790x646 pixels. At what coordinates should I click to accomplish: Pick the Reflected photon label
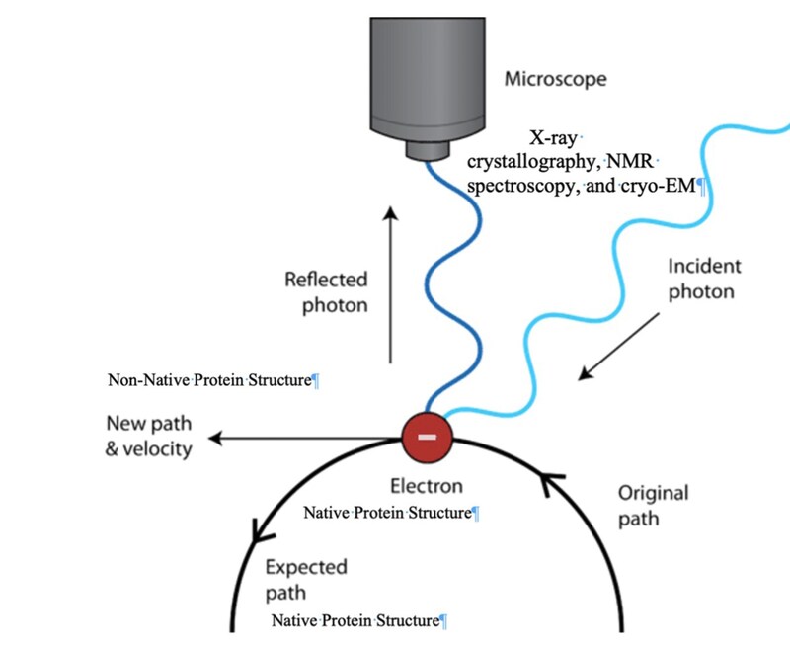pyautogui.click(x=326, y=292)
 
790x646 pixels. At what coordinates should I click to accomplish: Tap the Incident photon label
pyautogui.click(x=704, y=280)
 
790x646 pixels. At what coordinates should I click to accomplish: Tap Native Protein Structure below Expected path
pyautogui.click(x=356, y=620)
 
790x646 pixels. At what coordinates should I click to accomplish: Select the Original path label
pyautogui.click(x=653, y=505)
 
